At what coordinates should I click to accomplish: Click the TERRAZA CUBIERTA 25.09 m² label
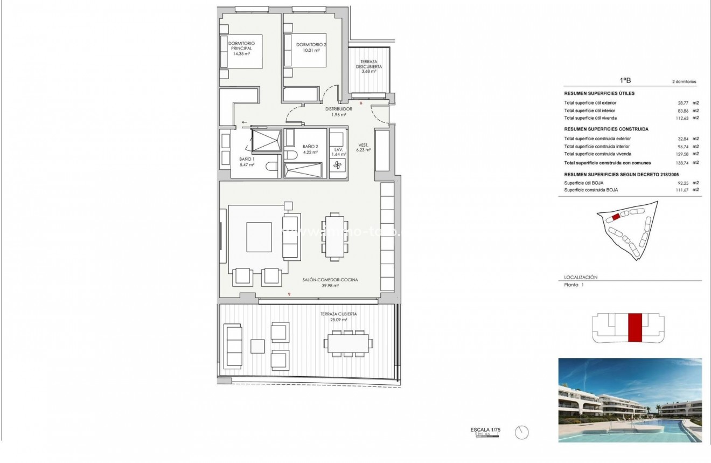338,316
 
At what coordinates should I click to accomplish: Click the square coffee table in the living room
259,237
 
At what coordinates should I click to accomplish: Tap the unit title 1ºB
625,80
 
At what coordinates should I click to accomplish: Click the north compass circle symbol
522,432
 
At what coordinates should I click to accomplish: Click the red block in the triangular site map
616,217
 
